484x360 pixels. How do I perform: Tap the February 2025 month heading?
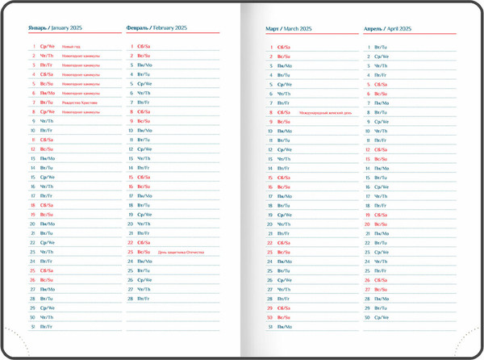point(158,27)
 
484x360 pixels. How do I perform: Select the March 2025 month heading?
point(289,28)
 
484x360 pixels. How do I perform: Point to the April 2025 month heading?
point(387,28)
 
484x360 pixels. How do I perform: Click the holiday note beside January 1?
point(72,47)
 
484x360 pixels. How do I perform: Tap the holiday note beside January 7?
point(81,103)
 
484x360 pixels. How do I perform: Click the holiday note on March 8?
point(326,112)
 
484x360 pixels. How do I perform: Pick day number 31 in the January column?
point(33,326)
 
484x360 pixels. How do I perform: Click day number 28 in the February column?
point(131,299)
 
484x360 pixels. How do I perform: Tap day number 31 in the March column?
point(271,327)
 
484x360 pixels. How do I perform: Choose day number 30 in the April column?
point(368,317)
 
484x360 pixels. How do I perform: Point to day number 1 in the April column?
point(369,48)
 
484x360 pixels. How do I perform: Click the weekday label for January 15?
point(48,177)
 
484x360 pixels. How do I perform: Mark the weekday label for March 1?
point(284,48)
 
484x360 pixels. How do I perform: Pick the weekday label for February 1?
point(144,47)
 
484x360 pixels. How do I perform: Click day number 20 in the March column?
point(271,224)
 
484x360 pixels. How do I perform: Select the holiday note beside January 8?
point(81,112)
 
